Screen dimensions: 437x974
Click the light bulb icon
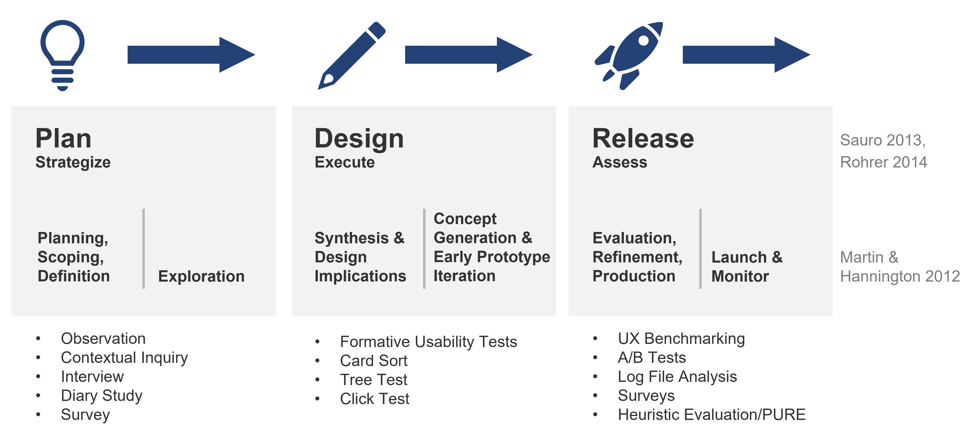[x=62, y=55]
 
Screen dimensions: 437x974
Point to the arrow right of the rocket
[x=746, y=55]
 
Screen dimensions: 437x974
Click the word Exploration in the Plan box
[x=201, y=276]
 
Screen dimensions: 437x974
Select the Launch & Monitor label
[x=747, y=267]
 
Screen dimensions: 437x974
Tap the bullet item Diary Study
[x=101, y=396]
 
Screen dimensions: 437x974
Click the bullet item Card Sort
[x=374, y=361]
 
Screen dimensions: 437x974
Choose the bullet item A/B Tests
[x=652, y=358]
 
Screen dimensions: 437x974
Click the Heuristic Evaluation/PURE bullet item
[x=711, y=415]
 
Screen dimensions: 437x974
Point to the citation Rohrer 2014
[x=883, y=162]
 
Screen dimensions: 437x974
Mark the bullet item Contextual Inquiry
[x=124, y=358]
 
